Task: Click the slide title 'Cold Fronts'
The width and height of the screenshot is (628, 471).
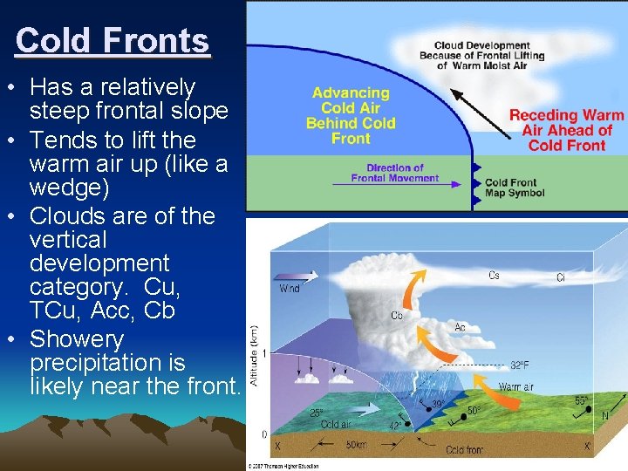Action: click(113, 41)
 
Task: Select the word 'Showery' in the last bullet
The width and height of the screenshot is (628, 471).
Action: click(77, 338)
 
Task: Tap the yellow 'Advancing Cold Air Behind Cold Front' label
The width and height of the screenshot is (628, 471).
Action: click(351, 114)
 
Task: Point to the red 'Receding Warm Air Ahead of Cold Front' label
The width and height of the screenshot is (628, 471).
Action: click(567, 130)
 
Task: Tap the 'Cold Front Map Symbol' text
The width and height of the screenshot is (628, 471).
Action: click(514, 188)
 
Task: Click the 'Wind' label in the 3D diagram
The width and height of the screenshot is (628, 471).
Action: click(290, 288)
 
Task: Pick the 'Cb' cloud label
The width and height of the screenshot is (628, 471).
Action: click(397, 315)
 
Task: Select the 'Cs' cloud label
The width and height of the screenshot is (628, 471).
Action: click(494, 276)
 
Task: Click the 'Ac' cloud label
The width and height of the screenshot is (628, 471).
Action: click(460, 327)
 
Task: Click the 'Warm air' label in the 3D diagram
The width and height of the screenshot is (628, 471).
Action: click(515, 386)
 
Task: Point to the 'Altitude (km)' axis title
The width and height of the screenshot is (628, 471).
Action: click(254, 352)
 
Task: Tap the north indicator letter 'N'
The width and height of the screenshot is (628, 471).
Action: click(605, 416)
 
